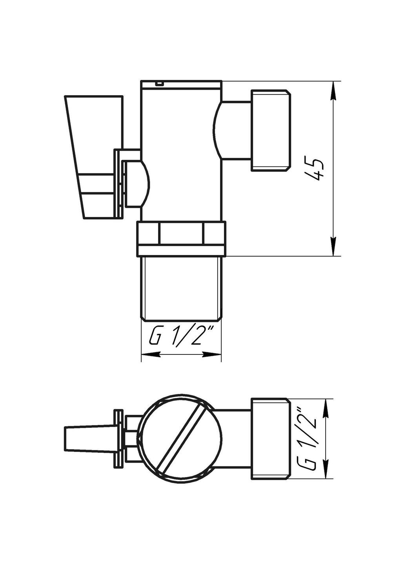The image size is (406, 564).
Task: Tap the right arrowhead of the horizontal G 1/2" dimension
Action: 211,354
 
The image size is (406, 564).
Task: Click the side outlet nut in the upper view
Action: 271,130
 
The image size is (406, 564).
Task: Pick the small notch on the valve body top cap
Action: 159,83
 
